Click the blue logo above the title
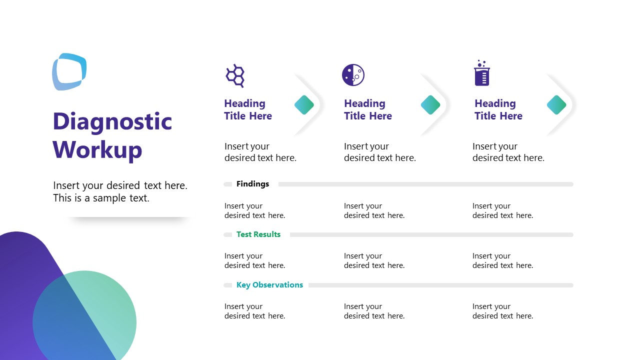click(69, 72)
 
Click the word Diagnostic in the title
click(112, 121)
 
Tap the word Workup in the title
click(97, 149)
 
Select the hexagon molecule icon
click(235, 75)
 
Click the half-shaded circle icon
click(353, 75)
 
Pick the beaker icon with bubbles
click(482, 73)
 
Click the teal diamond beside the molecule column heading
click(304, 105)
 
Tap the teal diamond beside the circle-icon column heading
click(430, 105)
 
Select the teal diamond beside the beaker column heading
click(556, 105)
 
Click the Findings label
click(252, 184)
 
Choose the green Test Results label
click(258, 234)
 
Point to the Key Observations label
click(269, 285)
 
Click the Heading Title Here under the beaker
click(498, 110)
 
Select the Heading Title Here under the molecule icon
click(247, 110)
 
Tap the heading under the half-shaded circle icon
click(367, 110)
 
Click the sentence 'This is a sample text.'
click(101, 198)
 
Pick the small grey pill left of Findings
click(228, 184)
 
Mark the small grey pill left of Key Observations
click(228, 285)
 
